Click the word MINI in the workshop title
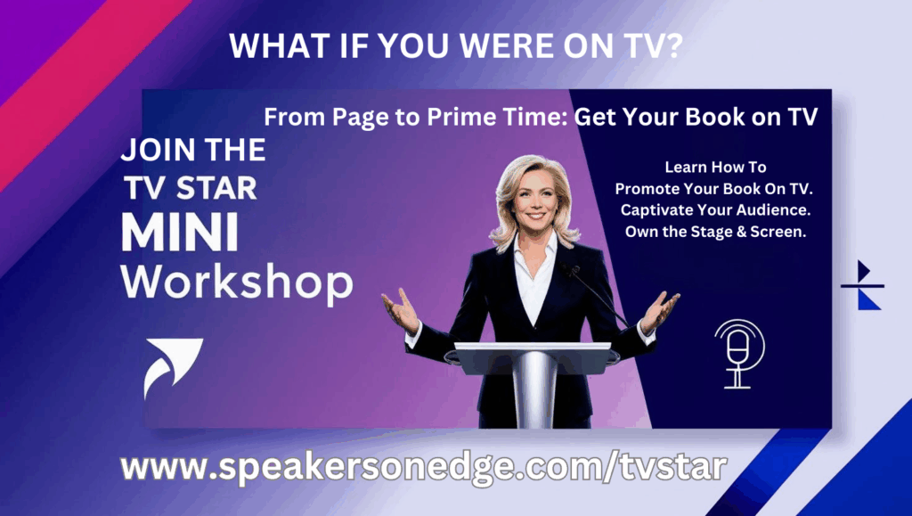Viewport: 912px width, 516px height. [x=180, y=232]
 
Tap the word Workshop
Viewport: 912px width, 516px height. [x=237, y=283]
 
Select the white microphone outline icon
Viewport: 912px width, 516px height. [x=739, y=354]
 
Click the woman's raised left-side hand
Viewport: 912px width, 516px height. [x=401, y=311]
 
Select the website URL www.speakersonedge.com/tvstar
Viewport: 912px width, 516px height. [x=423, y=467]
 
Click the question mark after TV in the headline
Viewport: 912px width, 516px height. [x=672, y=45]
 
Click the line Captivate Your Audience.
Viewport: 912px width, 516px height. [x=715, y=209]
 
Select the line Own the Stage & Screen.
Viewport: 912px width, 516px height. [x=715, y=232]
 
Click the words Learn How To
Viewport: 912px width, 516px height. [x=715, y=167]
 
